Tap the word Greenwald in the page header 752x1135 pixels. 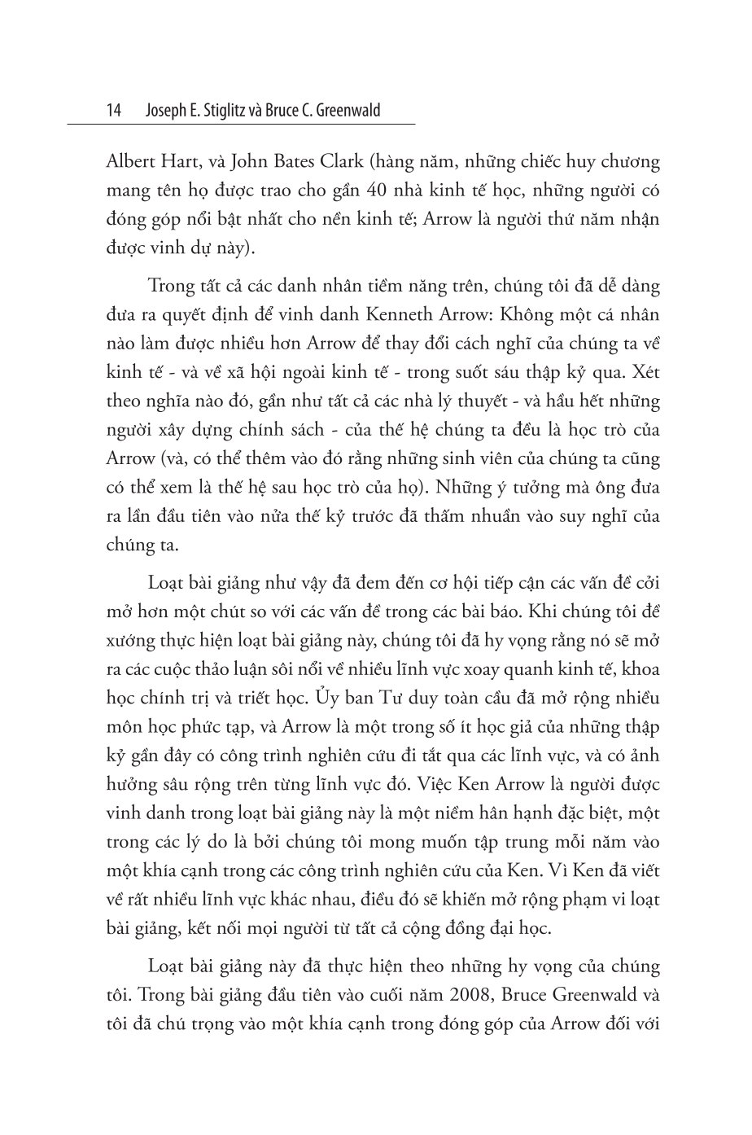[348, 111]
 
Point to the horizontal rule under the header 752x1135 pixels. [241, 125]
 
